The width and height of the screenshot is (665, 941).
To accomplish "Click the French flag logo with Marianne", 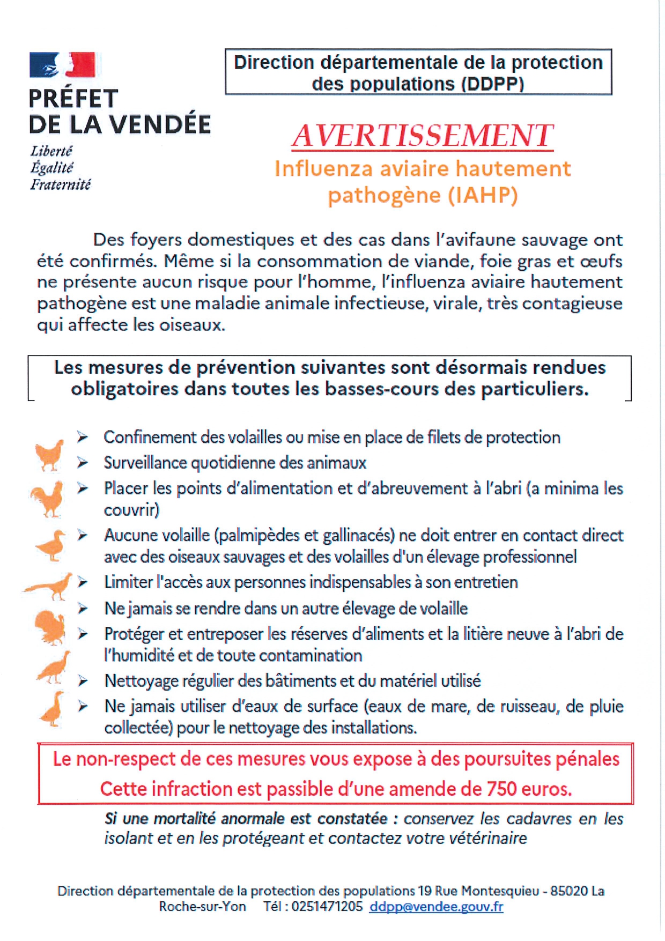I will pyautogui.click(x=62, y=65).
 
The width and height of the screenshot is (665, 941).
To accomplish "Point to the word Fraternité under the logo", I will pyautogui.click(x=60, y=184).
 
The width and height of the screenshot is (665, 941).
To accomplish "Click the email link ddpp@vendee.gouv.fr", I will pyautogui.click(x=436, y=906).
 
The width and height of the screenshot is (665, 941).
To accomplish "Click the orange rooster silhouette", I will pyautogui.click(x=47, y=499).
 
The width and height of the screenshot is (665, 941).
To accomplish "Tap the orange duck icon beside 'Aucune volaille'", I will pyautogui.click(x=51, y=545).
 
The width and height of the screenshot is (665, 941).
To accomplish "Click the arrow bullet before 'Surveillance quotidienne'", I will pyautogui.click(x=82, y=462).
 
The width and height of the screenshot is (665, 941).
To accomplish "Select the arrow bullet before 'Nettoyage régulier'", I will pyautogui.click(x=83, y=681).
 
